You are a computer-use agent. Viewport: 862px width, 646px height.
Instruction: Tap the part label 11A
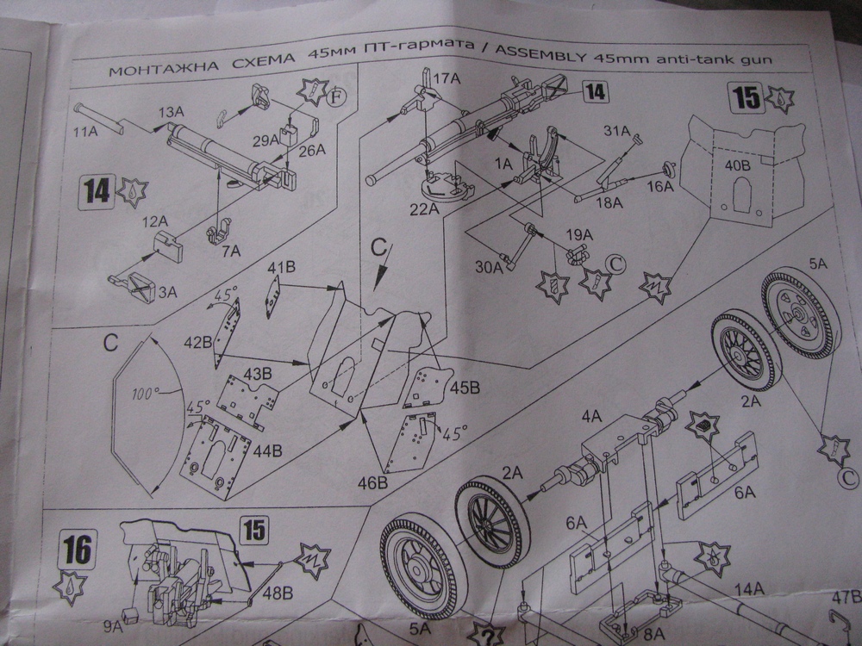point(84,134)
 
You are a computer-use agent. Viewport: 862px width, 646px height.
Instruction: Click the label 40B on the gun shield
point(734,165)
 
